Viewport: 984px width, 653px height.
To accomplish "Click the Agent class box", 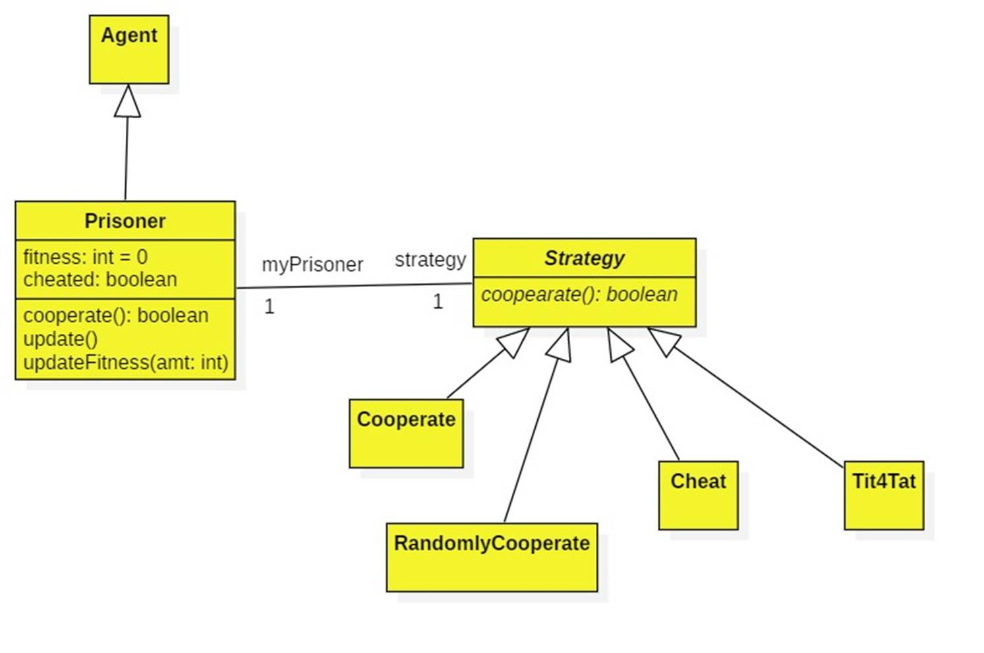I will pos(129,49).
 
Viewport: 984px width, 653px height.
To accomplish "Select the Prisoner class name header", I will pos(125,221).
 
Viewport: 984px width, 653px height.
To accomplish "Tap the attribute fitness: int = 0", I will pos(86,257).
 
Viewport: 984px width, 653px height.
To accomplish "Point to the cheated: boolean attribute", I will pos(100,280).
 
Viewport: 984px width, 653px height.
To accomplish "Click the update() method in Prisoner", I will pos(61,339).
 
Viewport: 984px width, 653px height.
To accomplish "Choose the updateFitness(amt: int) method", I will pos(126,363).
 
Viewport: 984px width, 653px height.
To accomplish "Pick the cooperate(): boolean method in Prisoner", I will pos(116,315).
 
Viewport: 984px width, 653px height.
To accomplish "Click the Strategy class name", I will pos(585,258).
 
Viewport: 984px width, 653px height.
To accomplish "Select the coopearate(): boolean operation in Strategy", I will pos(579,294).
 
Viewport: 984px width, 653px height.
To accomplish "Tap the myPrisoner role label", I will pos(312,264).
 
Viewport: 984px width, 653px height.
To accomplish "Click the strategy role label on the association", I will pos(430,260).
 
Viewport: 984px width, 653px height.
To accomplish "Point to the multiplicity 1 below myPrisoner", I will pos(269,307).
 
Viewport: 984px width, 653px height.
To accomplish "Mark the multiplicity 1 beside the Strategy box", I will pos(438,302).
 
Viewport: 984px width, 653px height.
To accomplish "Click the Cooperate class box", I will pos(406,433).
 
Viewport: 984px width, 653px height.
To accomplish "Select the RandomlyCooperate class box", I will pos(492,557).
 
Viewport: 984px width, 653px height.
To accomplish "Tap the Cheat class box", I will pos(698,495).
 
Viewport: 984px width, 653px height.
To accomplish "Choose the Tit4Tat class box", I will pos(884,495).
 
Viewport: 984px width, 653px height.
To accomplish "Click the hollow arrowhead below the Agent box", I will pos(127,102).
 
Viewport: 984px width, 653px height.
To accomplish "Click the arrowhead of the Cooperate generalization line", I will pos(514,341).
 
